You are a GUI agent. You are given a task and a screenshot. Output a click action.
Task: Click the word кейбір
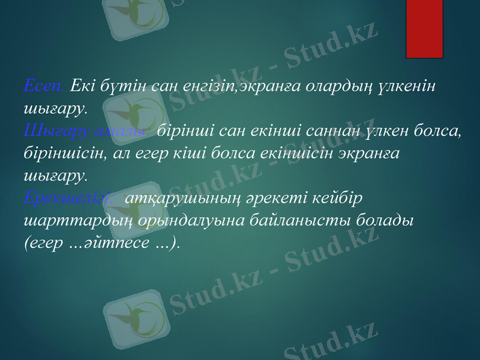[346, 197]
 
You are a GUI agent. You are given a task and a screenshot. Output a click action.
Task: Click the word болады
[390, 220]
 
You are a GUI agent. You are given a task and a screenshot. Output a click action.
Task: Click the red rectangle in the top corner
[424, 28]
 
